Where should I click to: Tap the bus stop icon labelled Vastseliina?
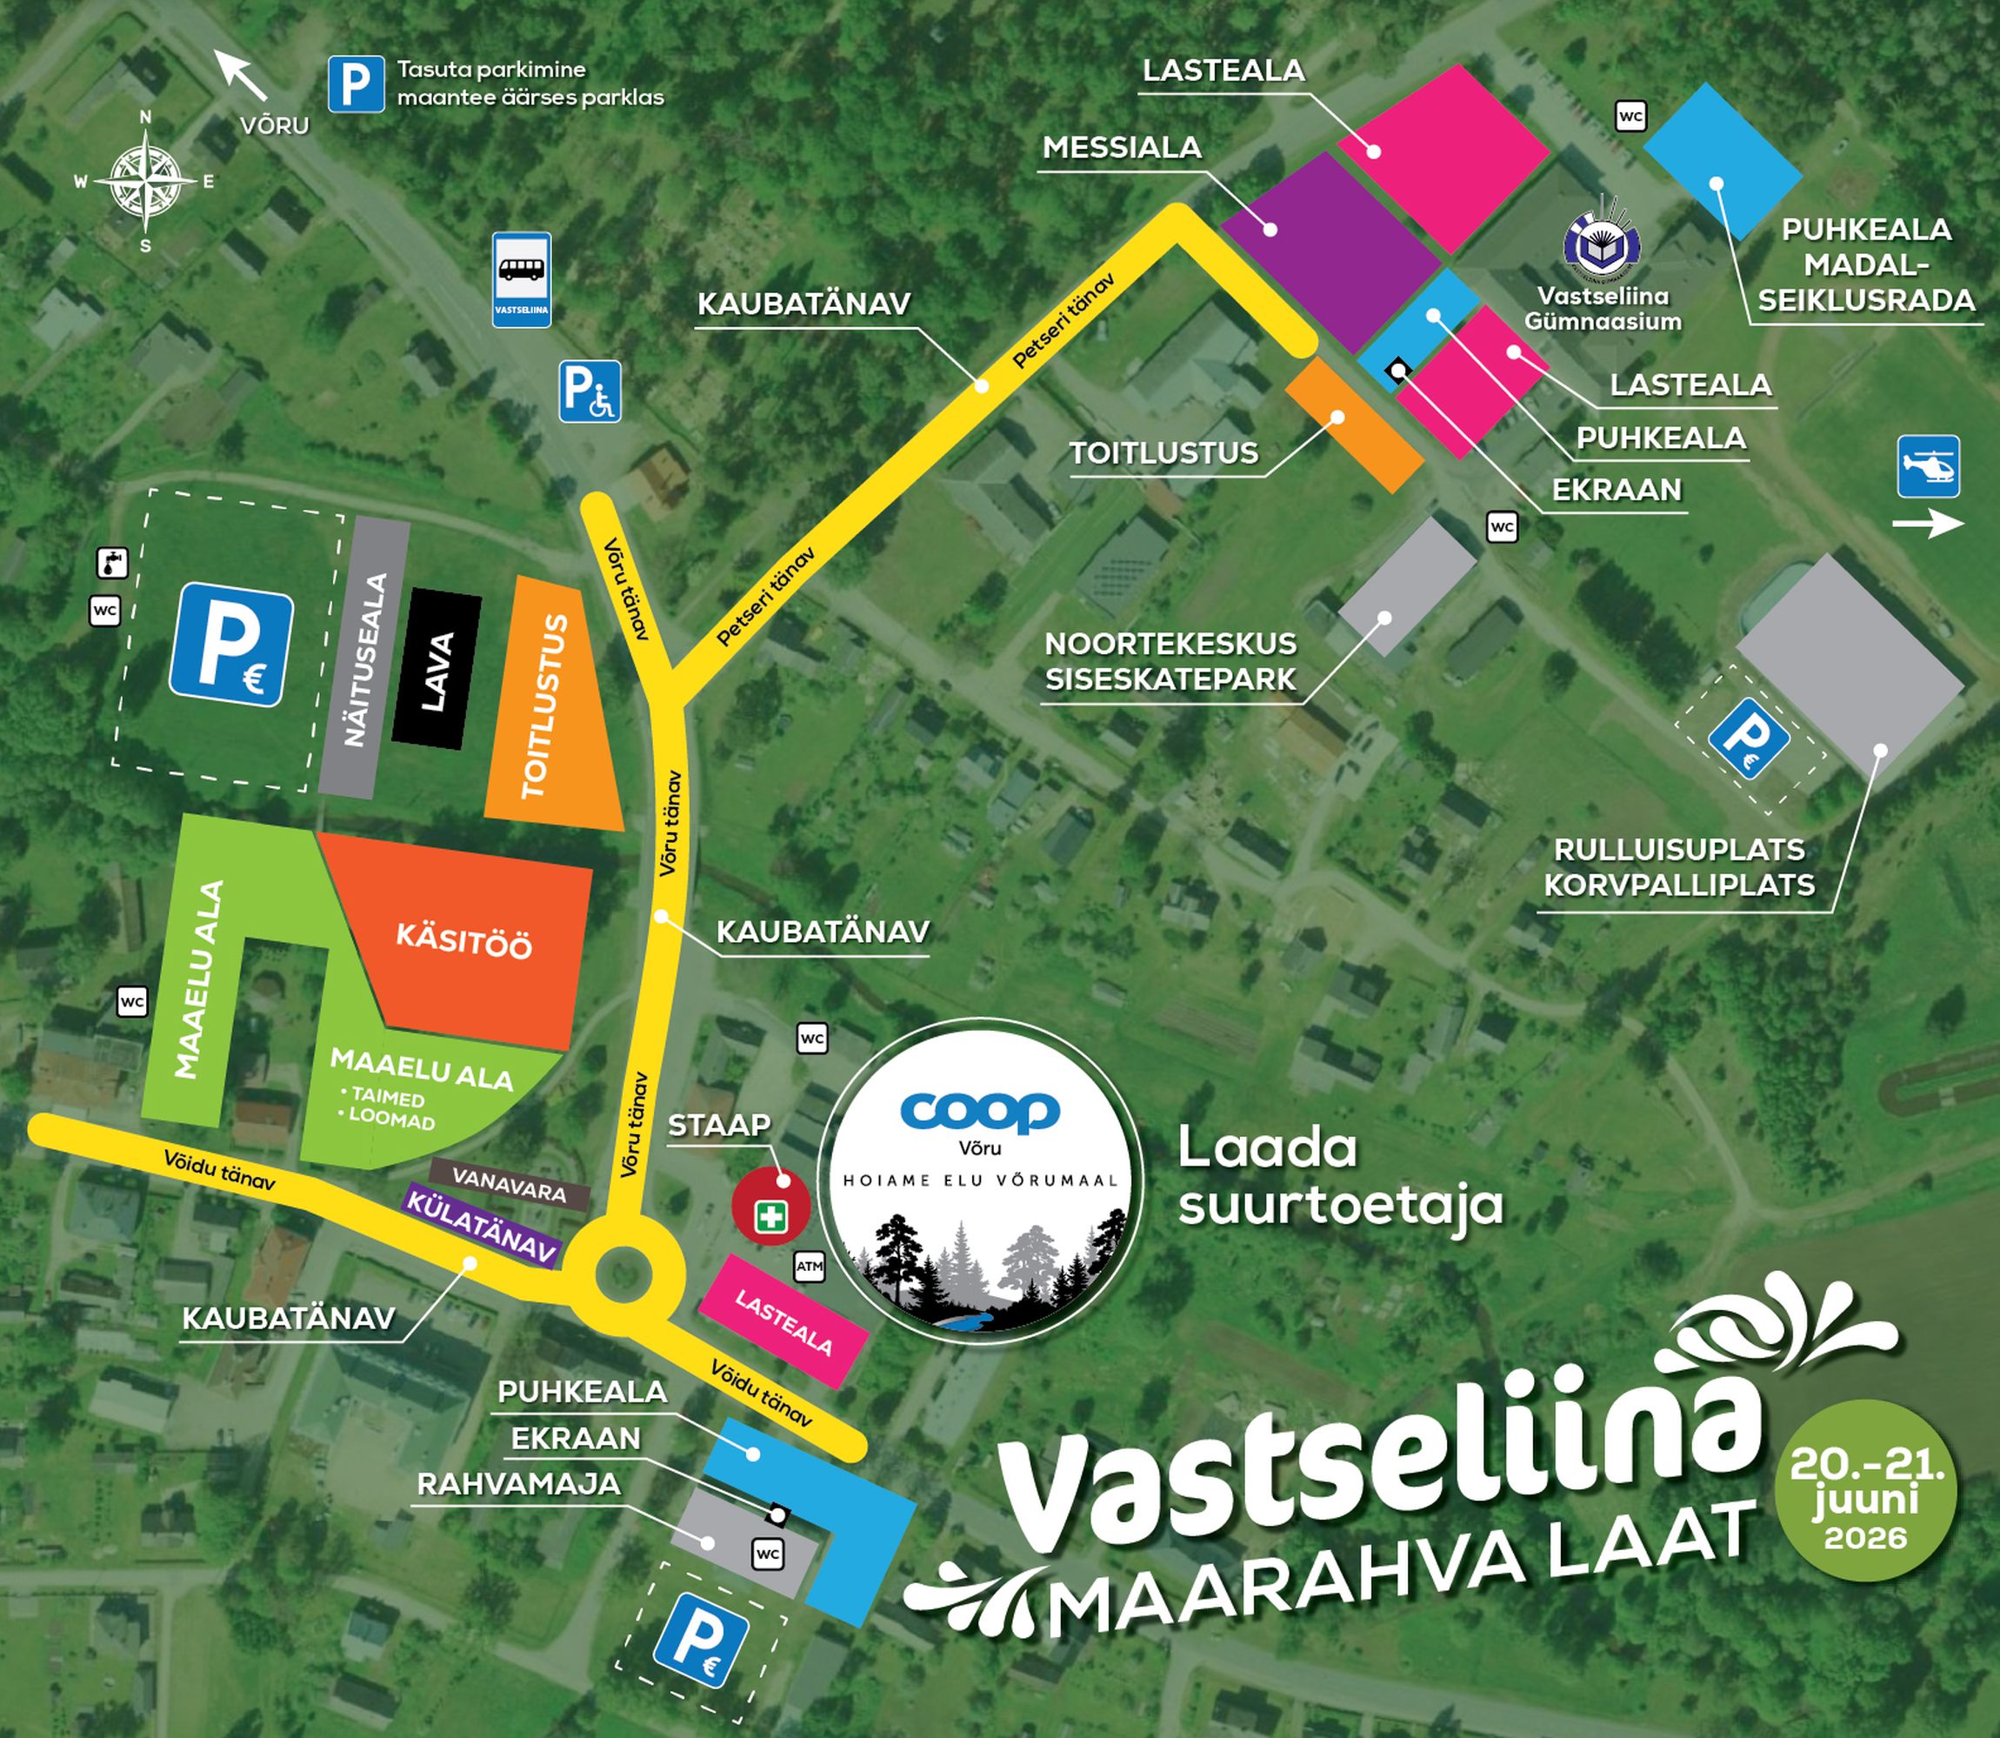[522, 278]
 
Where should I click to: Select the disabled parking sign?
[590, 391]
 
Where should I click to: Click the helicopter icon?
[1928, 466]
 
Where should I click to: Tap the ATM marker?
[810, 1266]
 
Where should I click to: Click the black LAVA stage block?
[437, 669]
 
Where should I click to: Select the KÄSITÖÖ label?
[464, 941]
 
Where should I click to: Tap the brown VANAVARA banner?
[509, 1184]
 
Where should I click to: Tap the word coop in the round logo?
[979, 1112]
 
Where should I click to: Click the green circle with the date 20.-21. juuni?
[1866, 1490]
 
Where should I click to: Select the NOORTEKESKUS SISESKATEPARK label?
[1170, 661]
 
